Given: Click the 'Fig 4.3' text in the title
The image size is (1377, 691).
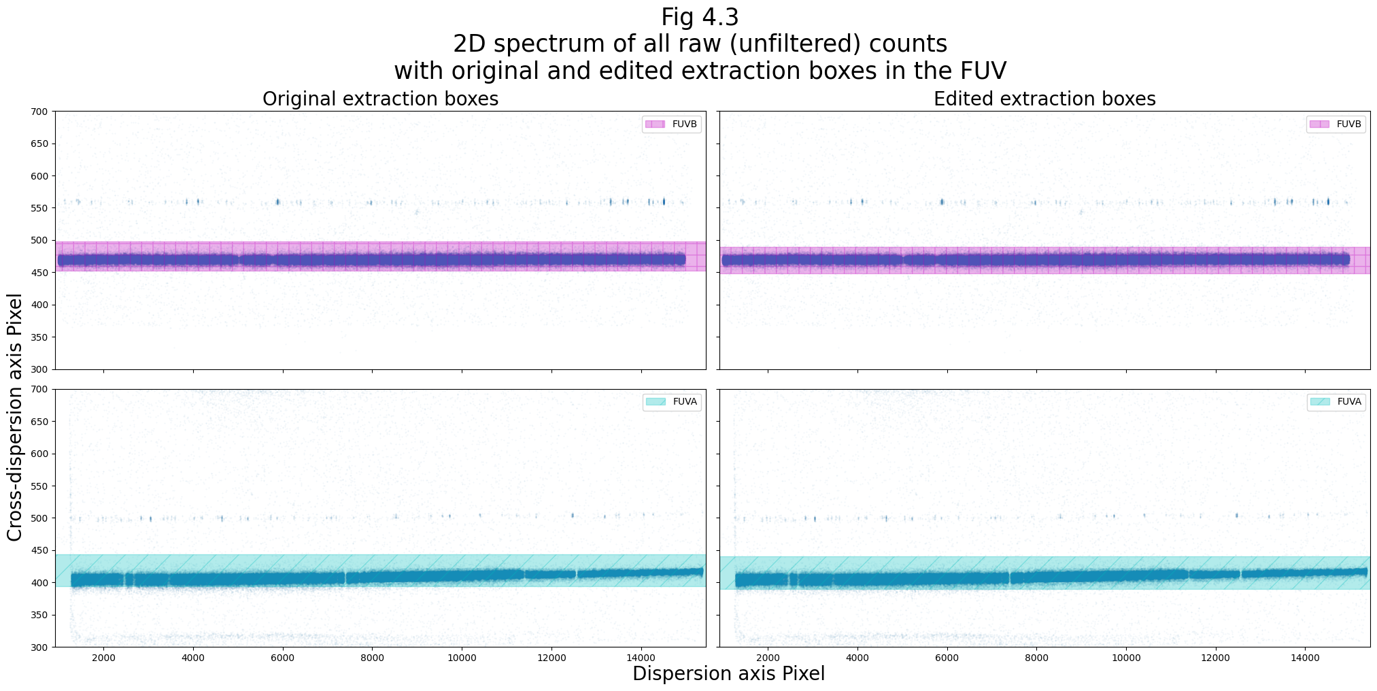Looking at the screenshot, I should (699, 17).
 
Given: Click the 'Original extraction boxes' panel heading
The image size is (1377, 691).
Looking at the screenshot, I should (380, 99).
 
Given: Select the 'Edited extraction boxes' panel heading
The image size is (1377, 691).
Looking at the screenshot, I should (1044, 99).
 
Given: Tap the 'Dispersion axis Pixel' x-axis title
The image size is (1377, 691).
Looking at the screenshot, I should (728, 674).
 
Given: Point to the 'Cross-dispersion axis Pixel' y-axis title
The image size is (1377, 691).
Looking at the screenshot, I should (15, 417).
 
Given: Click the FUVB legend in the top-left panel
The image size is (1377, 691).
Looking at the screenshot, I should (671, 124).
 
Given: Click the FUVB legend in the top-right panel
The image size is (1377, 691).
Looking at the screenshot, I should (1336, 124).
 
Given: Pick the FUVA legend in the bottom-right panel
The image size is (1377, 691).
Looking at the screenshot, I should (1336, 402).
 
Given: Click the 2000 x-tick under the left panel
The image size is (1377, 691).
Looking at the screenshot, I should (103, 658).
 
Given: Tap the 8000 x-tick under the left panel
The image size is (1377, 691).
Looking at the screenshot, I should (372, 658).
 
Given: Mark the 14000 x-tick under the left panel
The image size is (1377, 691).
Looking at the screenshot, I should (641, 658).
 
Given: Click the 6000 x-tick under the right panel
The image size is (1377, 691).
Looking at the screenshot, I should (947, 658).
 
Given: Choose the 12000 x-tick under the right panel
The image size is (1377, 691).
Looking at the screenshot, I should (1215, 658).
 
